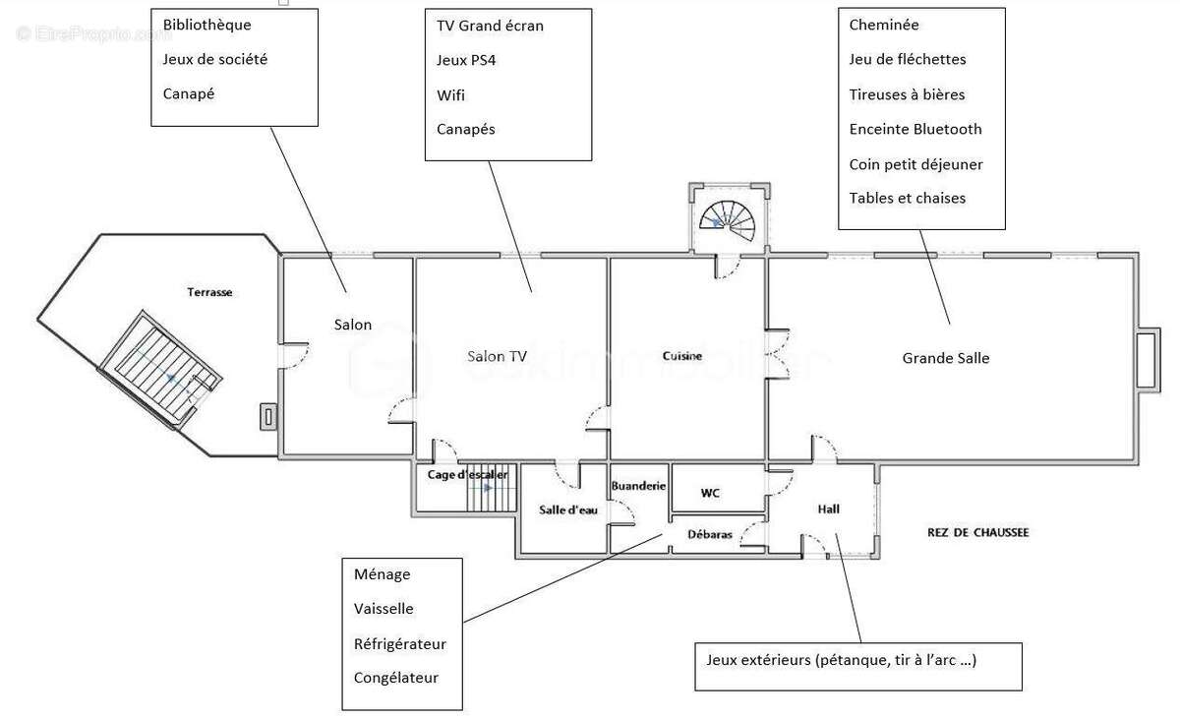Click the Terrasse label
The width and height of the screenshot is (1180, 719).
pos(209,292)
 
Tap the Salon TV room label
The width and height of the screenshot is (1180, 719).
pos(497,357)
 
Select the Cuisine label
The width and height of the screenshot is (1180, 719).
pos(682,356)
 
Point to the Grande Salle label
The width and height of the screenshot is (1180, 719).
pos(946,358)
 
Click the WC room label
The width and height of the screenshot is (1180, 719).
pos(710,493)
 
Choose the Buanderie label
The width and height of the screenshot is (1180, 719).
pos(638,486)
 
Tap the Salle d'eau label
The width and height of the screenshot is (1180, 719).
pos(568,509)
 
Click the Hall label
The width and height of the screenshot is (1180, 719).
pos(828,509)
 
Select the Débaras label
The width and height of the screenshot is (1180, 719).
pos(710,534)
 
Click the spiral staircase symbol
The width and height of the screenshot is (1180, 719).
pos(727,221)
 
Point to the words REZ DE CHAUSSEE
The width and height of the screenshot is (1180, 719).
pos(977,532)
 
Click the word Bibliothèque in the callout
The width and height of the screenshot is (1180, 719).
pos(207,26)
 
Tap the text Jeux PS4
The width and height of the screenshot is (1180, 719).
pos(466,61)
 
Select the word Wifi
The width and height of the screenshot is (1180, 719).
pos(450,95)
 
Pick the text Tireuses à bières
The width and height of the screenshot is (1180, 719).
pos(907,94)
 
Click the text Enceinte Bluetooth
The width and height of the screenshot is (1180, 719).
pos(915,129)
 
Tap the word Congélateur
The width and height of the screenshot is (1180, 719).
pos(395,678)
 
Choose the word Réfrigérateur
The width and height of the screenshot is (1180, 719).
pos(400,643)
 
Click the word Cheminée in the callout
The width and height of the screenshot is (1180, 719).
pos(884,25)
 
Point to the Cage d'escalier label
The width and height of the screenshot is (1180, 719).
pos(467,475)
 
